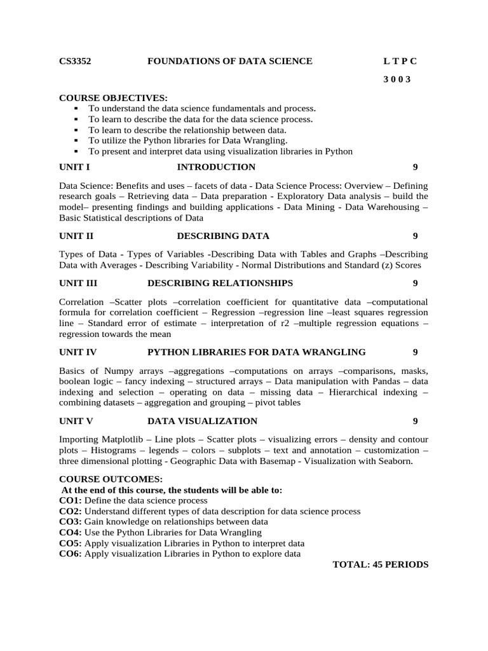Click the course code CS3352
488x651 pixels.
tap(75, 61)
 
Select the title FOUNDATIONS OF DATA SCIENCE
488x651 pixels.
tap(230, 61)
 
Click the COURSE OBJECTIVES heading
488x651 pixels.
tap(114, 98)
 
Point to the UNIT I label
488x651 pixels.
tap(74, 167)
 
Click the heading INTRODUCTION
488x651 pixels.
tap(216, 167)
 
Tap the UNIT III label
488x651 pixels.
tap(78, 283)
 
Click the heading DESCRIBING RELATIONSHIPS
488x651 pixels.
tap(220, 283)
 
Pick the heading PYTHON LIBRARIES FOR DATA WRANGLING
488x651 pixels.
tap(257, 352)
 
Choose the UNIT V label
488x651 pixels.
tap(76, 421)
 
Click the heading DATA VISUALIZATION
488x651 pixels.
tap(203, 421)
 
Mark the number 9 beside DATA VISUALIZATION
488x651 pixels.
tap(415, 421)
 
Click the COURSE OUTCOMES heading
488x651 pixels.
tap(111, 479)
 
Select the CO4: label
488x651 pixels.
tap(70, 533)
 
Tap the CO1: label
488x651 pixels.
tap(70, 500)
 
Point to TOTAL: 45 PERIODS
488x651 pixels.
tap(381, 565)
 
